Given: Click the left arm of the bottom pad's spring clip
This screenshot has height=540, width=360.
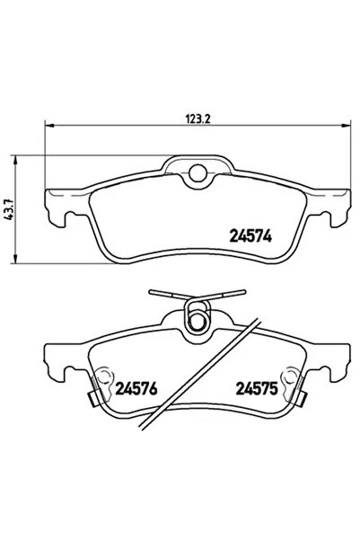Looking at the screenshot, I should coord(167,296).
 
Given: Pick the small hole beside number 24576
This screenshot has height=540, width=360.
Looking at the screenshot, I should coord(105,375).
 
